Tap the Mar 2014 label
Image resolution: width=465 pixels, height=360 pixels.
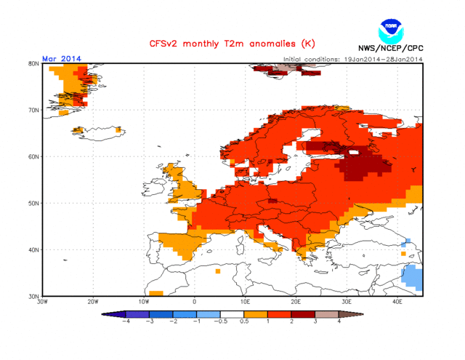(62, 59)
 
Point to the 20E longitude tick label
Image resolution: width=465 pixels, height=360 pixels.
(296, 301)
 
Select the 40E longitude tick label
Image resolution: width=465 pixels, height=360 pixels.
(397, 301)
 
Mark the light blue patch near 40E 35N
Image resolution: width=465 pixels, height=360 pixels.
(413, 277)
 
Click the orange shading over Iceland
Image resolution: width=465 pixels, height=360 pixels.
(73, 84)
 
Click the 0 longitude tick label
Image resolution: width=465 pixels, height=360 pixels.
(194, 301)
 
